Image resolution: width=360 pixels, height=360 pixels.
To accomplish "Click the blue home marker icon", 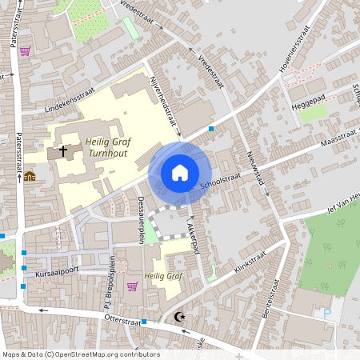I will (180, 172).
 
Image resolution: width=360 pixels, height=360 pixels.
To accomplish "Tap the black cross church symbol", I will (62, 150).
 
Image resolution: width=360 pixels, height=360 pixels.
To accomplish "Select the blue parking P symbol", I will (327, 314).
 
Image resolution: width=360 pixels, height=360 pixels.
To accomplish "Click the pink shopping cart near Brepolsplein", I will (132, 286).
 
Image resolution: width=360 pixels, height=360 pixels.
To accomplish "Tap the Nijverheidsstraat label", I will (163, 102).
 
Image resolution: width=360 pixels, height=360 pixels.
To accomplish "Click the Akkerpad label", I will (193, 233).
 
